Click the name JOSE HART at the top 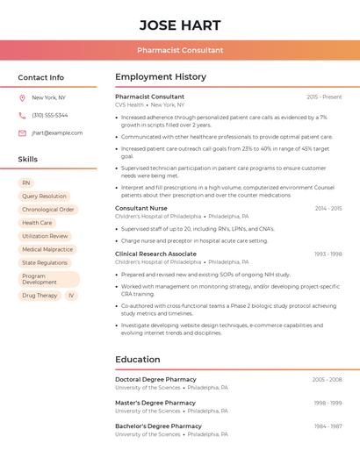coord(180,25)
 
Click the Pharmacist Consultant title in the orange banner coord(180,51)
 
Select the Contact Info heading coord(41,77)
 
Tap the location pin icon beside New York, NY coord(22,97)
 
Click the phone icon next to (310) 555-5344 coord(22,115)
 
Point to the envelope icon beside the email coord(22,133)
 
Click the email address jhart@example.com coord(57,133)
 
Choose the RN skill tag coord(26,182)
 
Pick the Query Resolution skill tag coord(44,197)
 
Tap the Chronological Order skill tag coord(48,210)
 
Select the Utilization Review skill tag coord(45,236)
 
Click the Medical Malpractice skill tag coord(47,249)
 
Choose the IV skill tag coord(71,296)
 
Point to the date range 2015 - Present coord(324,97)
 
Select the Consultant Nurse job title coord(141,208)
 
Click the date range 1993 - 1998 coord(328,254)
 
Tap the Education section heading coord(137,360)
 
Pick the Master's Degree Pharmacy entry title coord(155,403)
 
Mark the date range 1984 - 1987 coord(328,426)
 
